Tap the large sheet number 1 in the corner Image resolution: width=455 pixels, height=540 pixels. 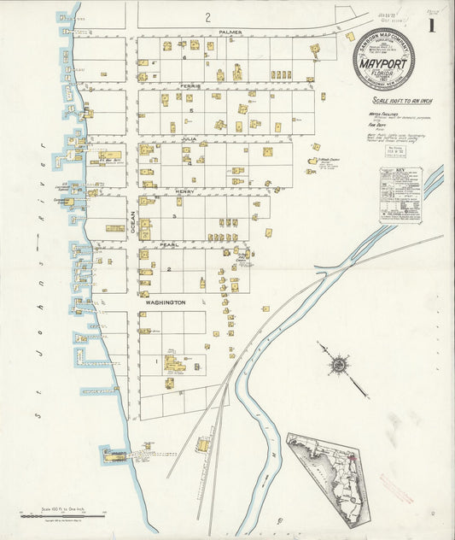point(431,26)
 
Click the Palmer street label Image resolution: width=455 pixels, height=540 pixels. point(230,32)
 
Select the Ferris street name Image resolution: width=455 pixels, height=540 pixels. point(190,86)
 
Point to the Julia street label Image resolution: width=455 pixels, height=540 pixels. point(189,138)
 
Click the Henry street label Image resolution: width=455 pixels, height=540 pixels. point(185,191)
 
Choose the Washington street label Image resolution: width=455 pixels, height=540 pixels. point(165,302)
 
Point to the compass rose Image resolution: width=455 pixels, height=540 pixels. point(339,366)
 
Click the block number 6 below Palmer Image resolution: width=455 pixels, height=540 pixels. point(184,57)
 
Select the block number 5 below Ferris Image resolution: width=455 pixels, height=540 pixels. point(191,110)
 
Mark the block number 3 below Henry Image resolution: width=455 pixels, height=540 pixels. point(173,216)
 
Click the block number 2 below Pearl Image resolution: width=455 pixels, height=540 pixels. point(169,270)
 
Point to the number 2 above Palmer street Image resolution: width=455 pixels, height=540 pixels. point(207,16)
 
